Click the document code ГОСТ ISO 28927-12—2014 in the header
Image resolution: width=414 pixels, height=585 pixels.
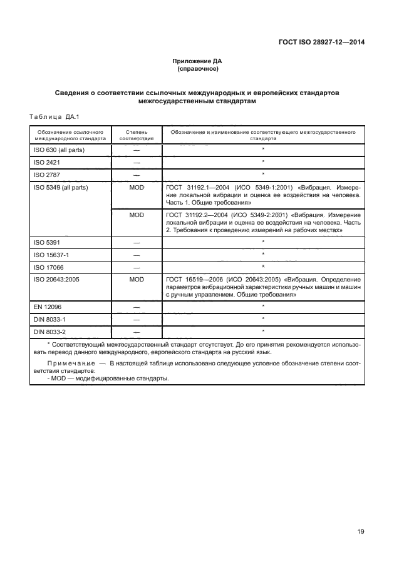point(321,43)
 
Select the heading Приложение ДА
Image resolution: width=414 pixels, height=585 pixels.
point(197,61)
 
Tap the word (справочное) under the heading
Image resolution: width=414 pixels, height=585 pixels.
point(197,69)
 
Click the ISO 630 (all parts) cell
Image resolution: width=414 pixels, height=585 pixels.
point(59,150)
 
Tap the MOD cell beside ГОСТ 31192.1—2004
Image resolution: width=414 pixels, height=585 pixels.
point(137,187)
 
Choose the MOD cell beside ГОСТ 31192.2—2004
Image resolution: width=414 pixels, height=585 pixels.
point(137,215)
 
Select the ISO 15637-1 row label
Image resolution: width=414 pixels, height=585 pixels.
point(51,254)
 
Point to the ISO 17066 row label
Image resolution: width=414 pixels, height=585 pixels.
point(48,266)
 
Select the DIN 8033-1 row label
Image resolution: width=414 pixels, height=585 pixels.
point(49,318)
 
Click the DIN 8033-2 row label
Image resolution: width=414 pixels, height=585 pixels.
point(49,331)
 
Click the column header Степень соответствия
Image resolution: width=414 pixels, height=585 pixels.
point(137,136)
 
